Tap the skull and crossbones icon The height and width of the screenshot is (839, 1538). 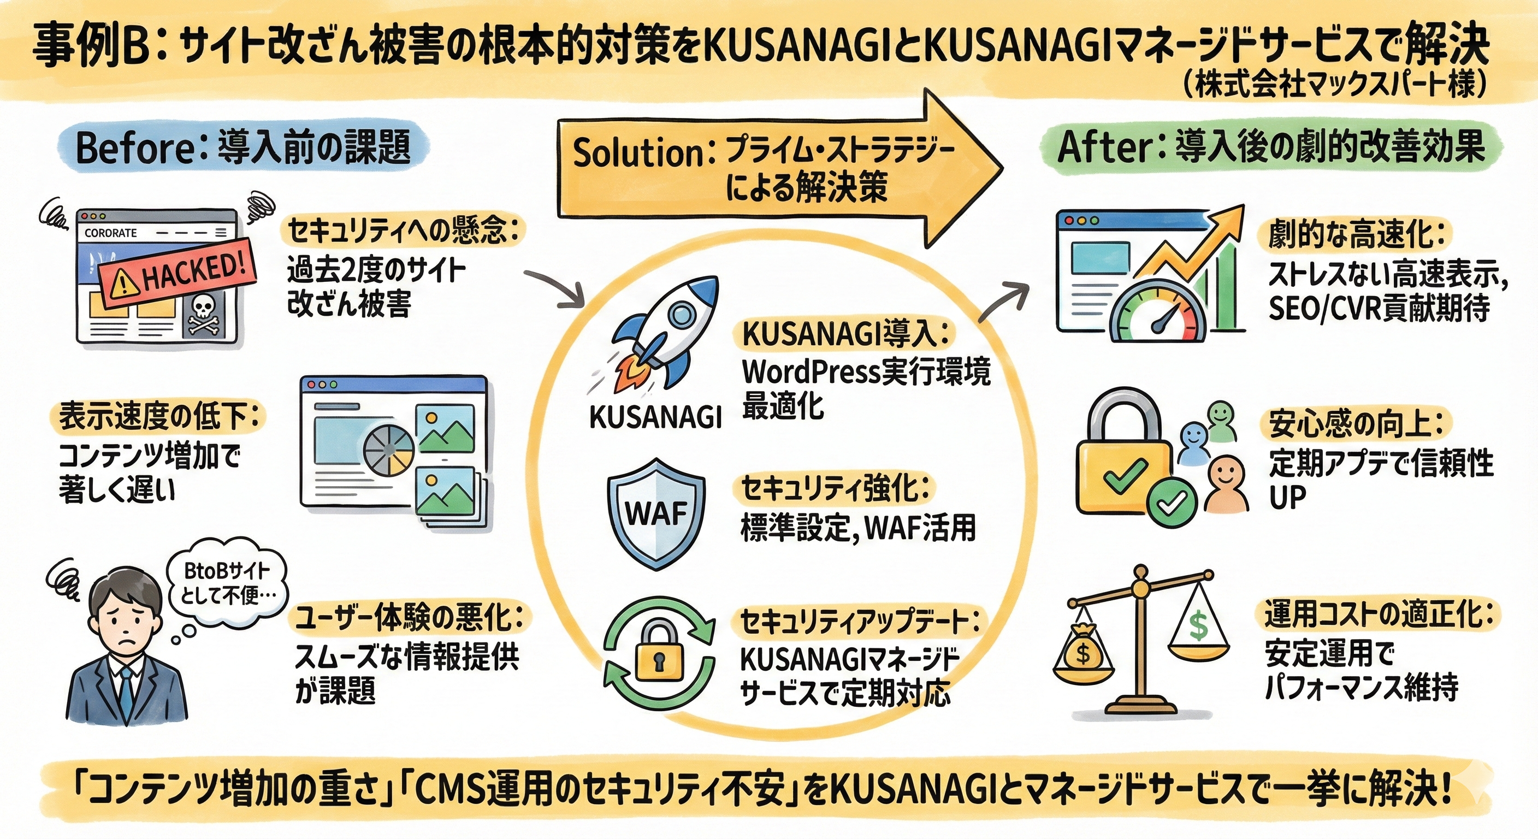(x=204, y=315)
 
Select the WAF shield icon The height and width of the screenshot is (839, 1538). (x=655, y=513)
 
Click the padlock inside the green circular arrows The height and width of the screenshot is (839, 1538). (x=659, y=652)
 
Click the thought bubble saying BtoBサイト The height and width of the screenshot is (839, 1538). (x=226, y=583)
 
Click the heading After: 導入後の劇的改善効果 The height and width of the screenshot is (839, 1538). (x=1271, y=147)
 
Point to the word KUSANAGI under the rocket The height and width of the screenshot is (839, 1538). (x=655, y=417)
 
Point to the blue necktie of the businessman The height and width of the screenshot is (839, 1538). (x=127, y=693)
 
